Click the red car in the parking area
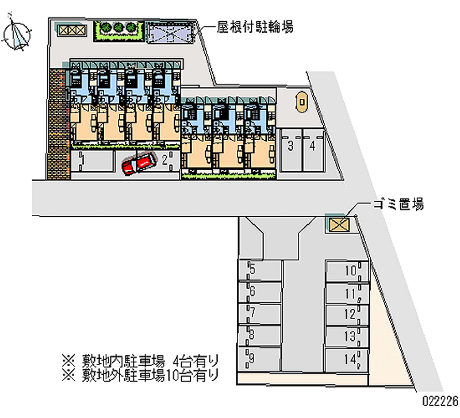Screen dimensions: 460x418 [139, 164]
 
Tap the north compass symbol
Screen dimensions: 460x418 [17, 34]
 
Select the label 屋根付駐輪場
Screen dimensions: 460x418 [255, 27]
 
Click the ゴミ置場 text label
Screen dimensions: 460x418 [398, 204]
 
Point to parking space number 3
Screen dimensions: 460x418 [291, 150]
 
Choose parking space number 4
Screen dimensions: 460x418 [313, 150]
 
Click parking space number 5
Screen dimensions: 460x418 [260, 270]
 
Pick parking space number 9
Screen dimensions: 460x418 [260, 358]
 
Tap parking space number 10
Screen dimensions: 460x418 [347, 271]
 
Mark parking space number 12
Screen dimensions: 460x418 [347, 315]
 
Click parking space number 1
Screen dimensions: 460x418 [92, 160]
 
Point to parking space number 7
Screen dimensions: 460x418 [260, 313]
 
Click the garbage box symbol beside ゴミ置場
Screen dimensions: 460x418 [339, 225]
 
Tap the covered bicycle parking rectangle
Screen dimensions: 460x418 [171, 32]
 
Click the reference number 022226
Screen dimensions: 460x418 [440, 400]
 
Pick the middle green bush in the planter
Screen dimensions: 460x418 [118, 27]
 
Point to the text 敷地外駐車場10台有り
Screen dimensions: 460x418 [150, 375]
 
